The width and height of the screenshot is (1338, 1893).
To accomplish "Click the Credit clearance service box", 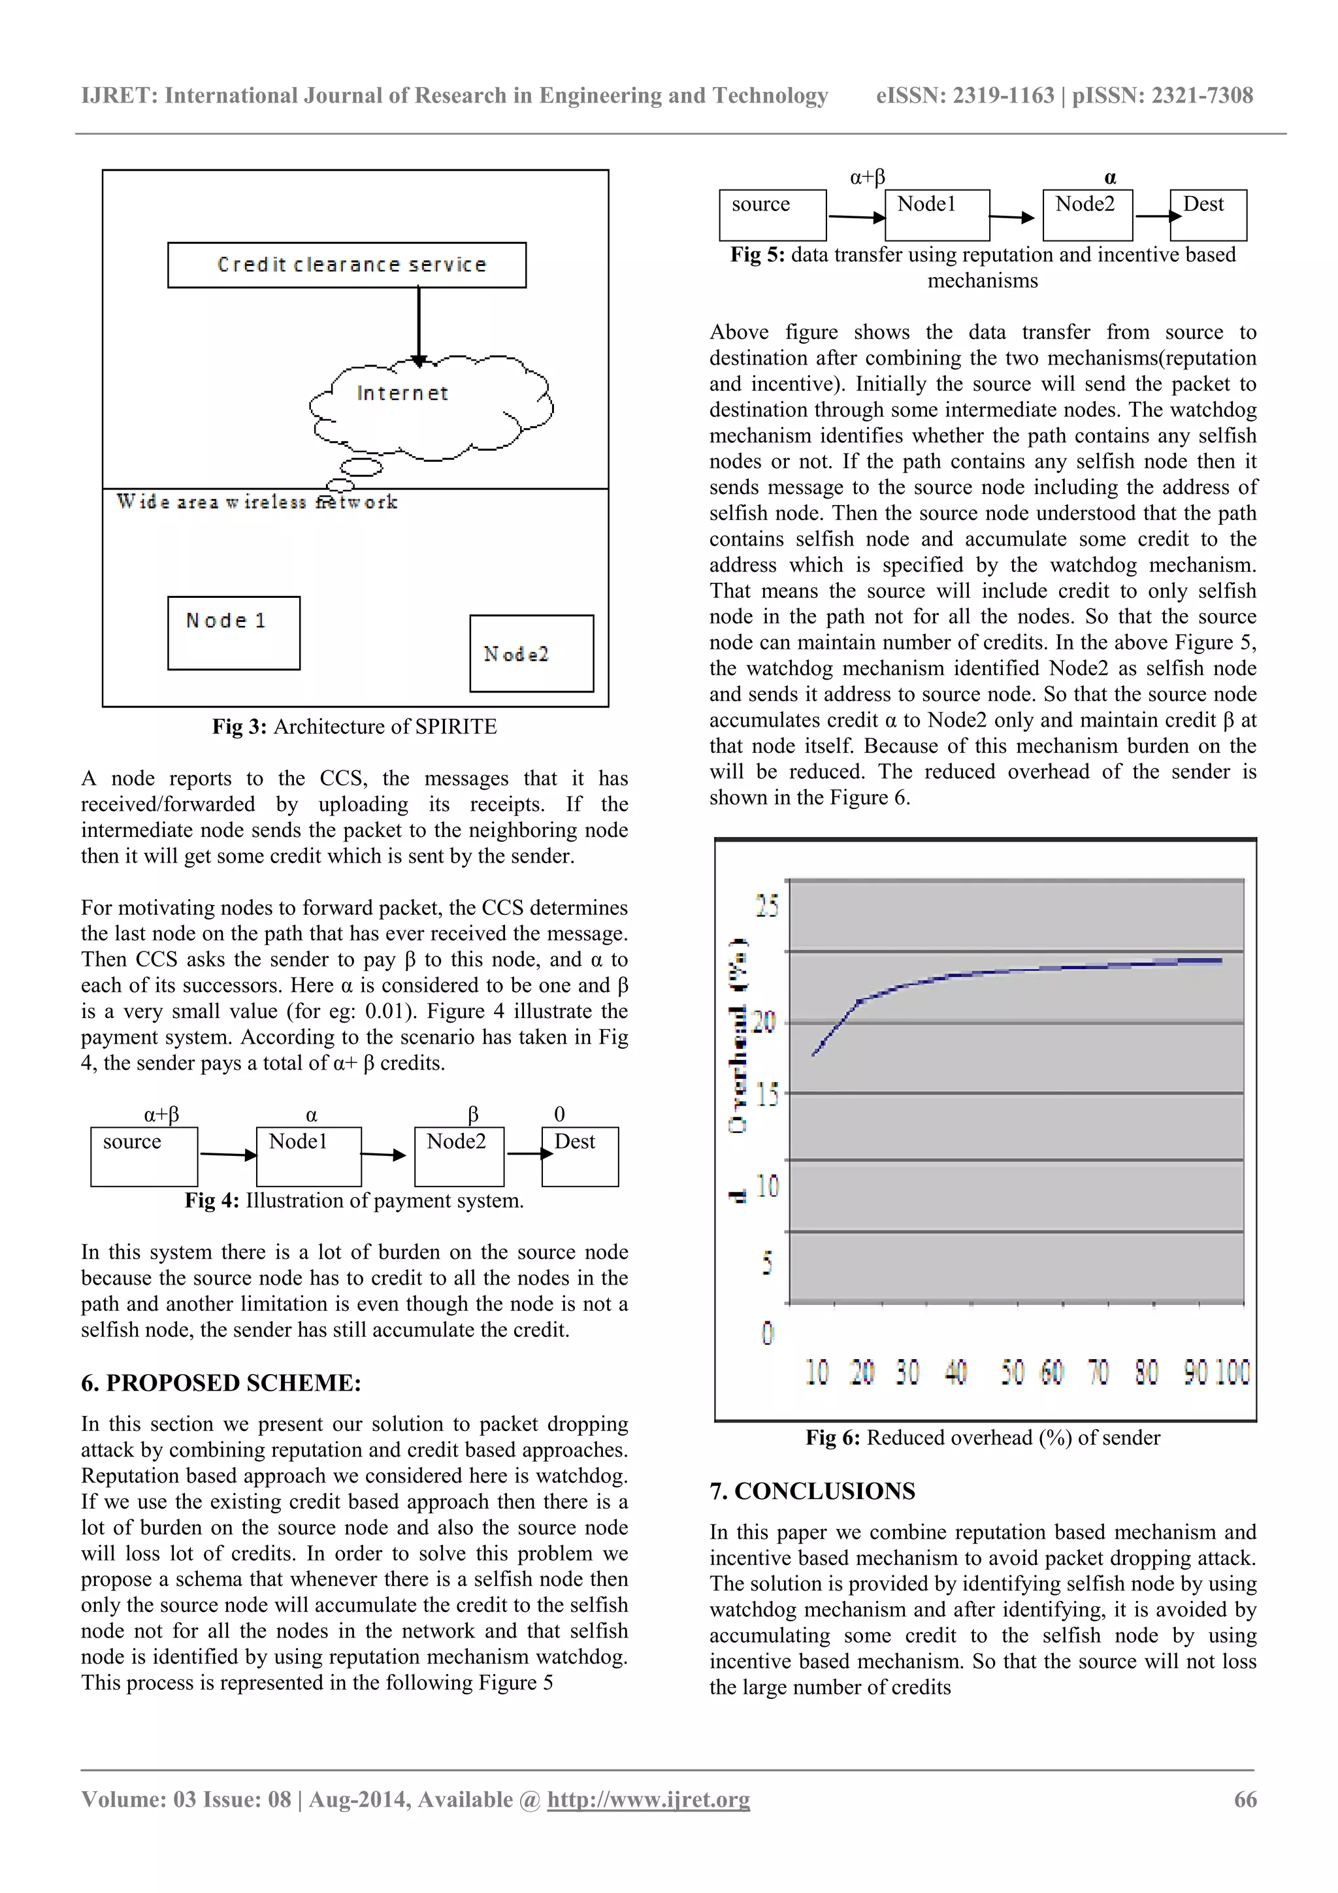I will pyautogui.click(x=346, y=265).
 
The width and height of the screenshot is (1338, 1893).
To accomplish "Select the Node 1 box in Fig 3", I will pyautogui.click(x=233, y=633).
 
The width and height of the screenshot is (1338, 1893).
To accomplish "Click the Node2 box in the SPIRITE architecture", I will pyautogui.click(x=531, y=653).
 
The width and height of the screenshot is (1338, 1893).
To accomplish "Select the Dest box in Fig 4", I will pyautogui.click(x=580, y=1156).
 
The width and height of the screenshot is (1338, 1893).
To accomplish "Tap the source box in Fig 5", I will pyautogui.click(x=772, y=214).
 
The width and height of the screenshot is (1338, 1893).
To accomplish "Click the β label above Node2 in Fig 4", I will pyautogui.click(x=472, y=1115).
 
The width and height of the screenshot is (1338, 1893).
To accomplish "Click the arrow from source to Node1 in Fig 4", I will pyautogui.click(x=227, y=1154).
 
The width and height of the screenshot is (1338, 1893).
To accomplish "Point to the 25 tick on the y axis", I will pyautogui.click(x=767, y=906).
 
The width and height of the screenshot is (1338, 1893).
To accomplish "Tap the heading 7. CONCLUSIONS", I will pyautogui.click(x=812, y=1490).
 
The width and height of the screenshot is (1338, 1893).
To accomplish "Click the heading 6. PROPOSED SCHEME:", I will pyautogui.click(x=221, y=1383).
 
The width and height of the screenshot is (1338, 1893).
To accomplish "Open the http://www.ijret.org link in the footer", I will pyautogui.click(x=648, y=1799).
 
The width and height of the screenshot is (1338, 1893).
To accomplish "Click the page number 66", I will pyautogui.click(x=1244, y=1799).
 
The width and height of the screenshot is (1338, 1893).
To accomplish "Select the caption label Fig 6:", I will pyautogui.click(x=832, y=1438).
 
